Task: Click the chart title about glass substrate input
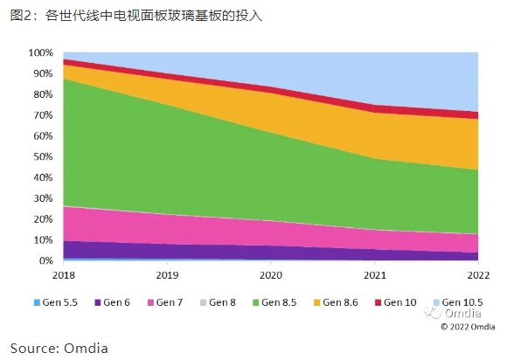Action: tap(135, 16)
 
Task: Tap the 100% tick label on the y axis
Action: tap(40, 52)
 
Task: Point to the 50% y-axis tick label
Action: tap(43, 156)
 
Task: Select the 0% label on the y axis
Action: tap(45, 260)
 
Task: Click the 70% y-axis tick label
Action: tap(43, 115)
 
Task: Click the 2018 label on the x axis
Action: tap(63, 275)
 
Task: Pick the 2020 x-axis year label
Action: tap(271, 275)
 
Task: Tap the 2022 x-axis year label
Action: tap(478, 275)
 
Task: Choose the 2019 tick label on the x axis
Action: tap(167, 275)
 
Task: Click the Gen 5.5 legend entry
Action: tap(56, 302)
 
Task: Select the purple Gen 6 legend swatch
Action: tap(97, 303)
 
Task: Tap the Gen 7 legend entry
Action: tap(165, 302)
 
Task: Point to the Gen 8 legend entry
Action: tap(218, 302)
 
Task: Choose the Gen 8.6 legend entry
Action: tap(336, 302)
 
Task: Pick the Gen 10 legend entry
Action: tap(396, 302)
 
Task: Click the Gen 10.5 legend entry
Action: tap(458, 302)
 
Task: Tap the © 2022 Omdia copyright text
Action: tap(468, 327)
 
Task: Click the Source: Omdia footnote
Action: tap(59, 349)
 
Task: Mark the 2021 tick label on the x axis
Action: tap(375, 275)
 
